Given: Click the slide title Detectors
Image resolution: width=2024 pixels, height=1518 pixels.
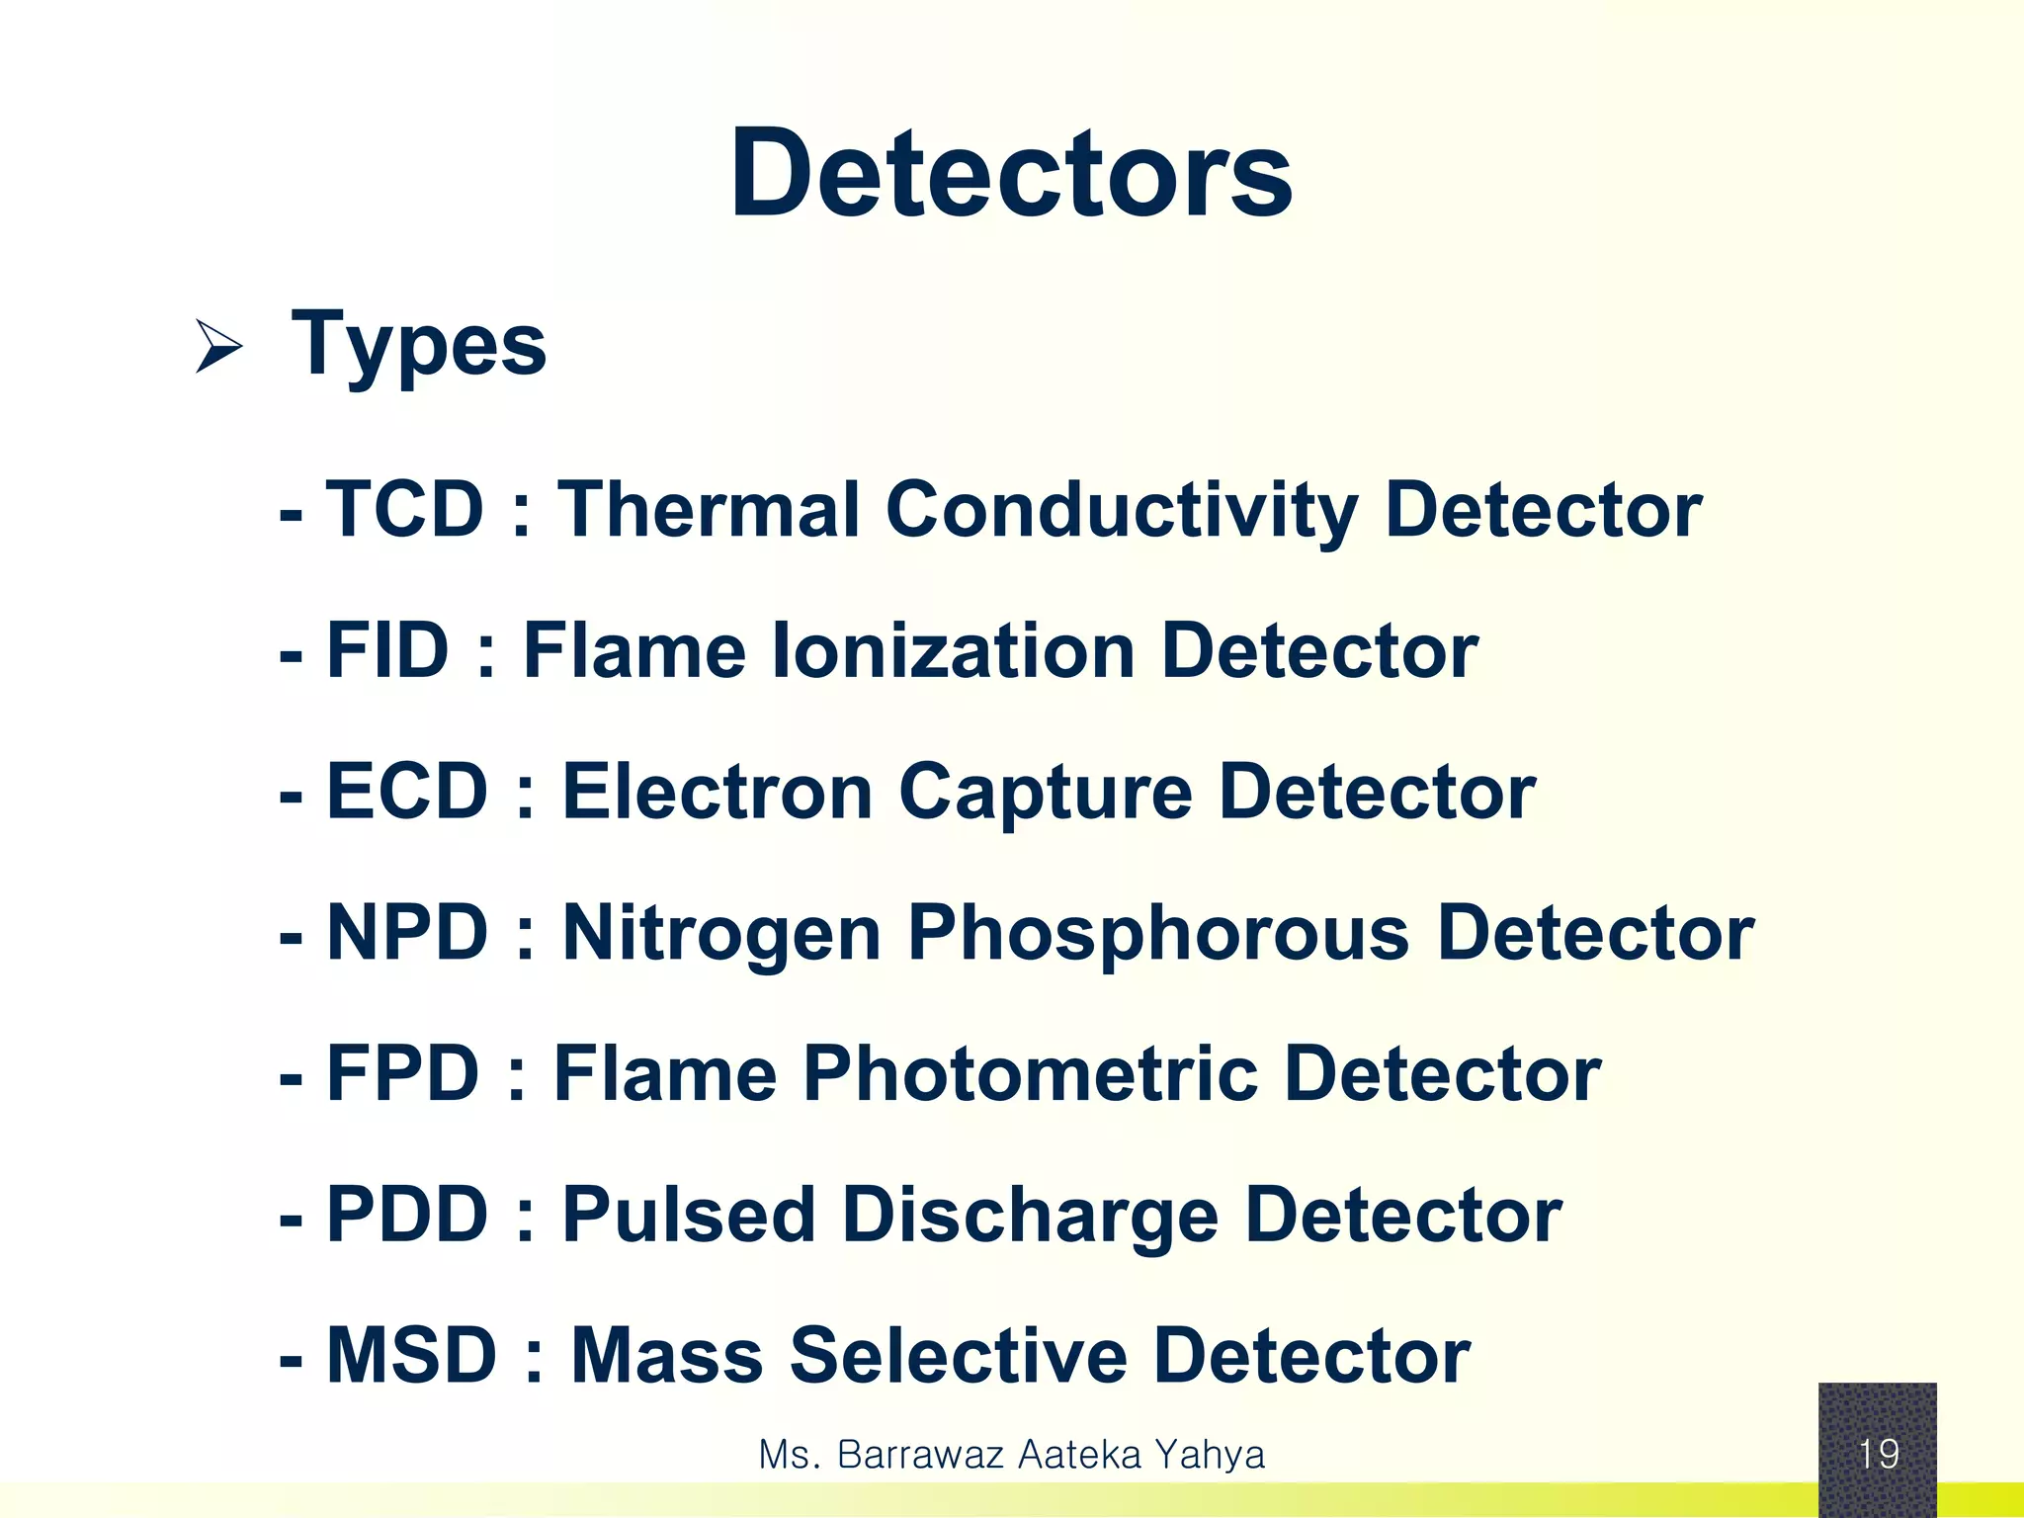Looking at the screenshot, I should (1011, 175).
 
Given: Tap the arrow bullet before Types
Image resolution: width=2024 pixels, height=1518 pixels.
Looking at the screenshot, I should (218, 346).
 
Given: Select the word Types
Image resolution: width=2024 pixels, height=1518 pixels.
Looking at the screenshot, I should (418, 346).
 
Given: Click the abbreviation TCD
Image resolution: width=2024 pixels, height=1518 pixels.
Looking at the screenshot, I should (404, 510).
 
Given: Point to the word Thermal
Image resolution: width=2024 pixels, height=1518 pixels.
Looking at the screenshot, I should (708, 510).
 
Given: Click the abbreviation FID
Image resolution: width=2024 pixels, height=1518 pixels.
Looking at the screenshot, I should (387, 651).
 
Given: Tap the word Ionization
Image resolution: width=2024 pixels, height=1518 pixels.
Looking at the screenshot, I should (953, 651).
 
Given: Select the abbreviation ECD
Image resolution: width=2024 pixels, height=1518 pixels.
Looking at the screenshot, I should (406, 792).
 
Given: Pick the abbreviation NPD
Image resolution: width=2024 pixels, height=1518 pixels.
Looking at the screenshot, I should (406, 933).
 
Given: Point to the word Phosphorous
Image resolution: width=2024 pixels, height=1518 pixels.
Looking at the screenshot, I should (1157, 935).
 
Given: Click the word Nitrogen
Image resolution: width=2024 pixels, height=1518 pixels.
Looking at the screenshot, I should (721, 935).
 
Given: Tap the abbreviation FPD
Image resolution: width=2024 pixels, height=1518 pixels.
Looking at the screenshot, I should (402, 1074).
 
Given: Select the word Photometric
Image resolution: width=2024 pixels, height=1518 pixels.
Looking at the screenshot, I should (1030, 1074).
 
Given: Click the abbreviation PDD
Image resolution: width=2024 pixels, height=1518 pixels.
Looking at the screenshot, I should (406, 1215).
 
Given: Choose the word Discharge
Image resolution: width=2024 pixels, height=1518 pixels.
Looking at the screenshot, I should (1030, 1217).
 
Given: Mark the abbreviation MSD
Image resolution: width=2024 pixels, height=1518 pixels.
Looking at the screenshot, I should (411, 1356).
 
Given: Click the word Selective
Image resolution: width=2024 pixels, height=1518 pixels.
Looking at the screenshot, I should (958, 1356).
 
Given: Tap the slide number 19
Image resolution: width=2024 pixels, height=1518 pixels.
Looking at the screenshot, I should (1878, 1454).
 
